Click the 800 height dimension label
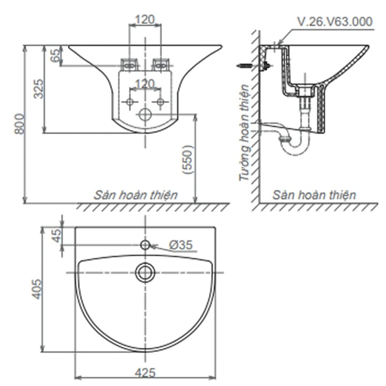click(20, 124)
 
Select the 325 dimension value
click(39, 89)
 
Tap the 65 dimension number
click(55, 55)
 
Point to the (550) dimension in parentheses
click(188, 160)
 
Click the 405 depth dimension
click(37, 289)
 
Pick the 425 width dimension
click(145, 373)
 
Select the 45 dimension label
click(57, 236)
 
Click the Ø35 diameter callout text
click(181, 245)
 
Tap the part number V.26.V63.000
click(335, 22)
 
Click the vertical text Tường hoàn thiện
click(245, 133)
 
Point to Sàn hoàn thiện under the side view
click(315, 195)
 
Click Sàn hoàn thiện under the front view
click(136, 195)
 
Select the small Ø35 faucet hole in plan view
click(145, 245)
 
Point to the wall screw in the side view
click(245, 66)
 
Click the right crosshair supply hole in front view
click(161, 101)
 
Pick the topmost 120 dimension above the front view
click(145, 20)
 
